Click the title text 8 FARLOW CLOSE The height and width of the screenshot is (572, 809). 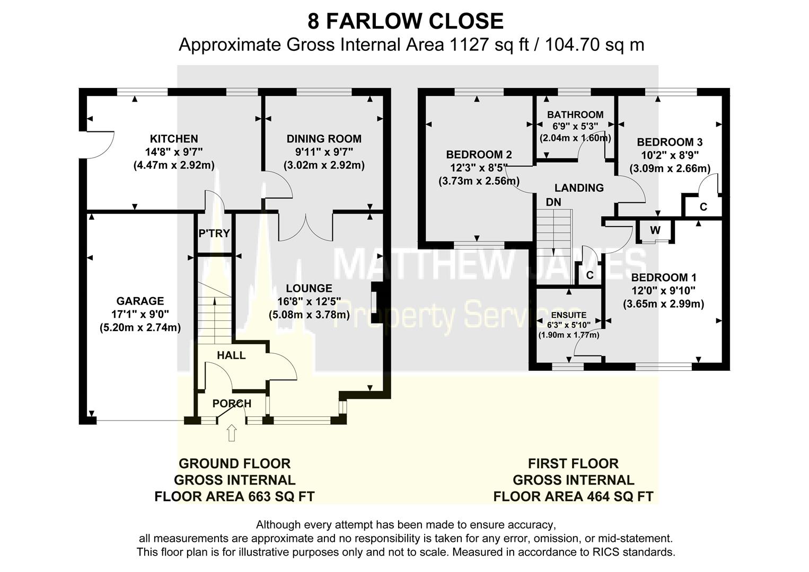[x=405, y=21]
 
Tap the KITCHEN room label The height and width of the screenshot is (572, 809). [x=174, y=139]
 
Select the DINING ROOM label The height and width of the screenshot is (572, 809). [x=324, y=139]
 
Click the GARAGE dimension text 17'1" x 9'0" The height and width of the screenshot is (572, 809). [x=140, y=314]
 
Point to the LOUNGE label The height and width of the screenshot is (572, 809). [x=309, y=289]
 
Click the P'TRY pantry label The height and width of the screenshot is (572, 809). [x=214, y=233]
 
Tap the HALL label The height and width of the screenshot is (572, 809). [x=231, y=355]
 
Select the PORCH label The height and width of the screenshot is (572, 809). [x=232, y=404]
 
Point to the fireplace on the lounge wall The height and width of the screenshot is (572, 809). [x=375, y=302]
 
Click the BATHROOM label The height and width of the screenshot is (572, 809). [x=575, y=115]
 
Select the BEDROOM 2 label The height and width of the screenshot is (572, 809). [x=479, y=155]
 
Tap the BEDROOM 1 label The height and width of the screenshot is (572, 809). [x=663, y=278]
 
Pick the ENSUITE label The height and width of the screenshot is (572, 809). [x=569, y=315]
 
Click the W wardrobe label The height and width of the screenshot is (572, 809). [x=655, y=230]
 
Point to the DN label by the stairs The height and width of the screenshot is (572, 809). [x=553, y=202]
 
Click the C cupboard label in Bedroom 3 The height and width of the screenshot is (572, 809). [x=703, y=207]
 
